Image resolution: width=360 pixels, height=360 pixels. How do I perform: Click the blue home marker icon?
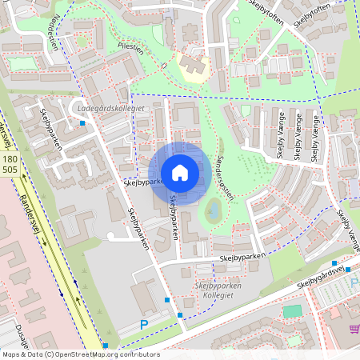180,173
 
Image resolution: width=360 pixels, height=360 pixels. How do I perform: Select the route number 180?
10,161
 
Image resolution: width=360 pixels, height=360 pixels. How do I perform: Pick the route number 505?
10,170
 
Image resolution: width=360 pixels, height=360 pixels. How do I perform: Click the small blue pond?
213,211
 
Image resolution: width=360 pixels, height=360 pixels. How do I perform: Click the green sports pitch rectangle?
293,310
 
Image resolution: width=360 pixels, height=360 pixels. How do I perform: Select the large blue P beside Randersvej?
144,325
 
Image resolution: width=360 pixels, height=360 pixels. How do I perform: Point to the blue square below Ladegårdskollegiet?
83,123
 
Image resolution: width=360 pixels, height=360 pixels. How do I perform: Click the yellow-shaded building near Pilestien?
194,67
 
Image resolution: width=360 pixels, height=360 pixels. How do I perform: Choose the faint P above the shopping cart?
354,281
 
